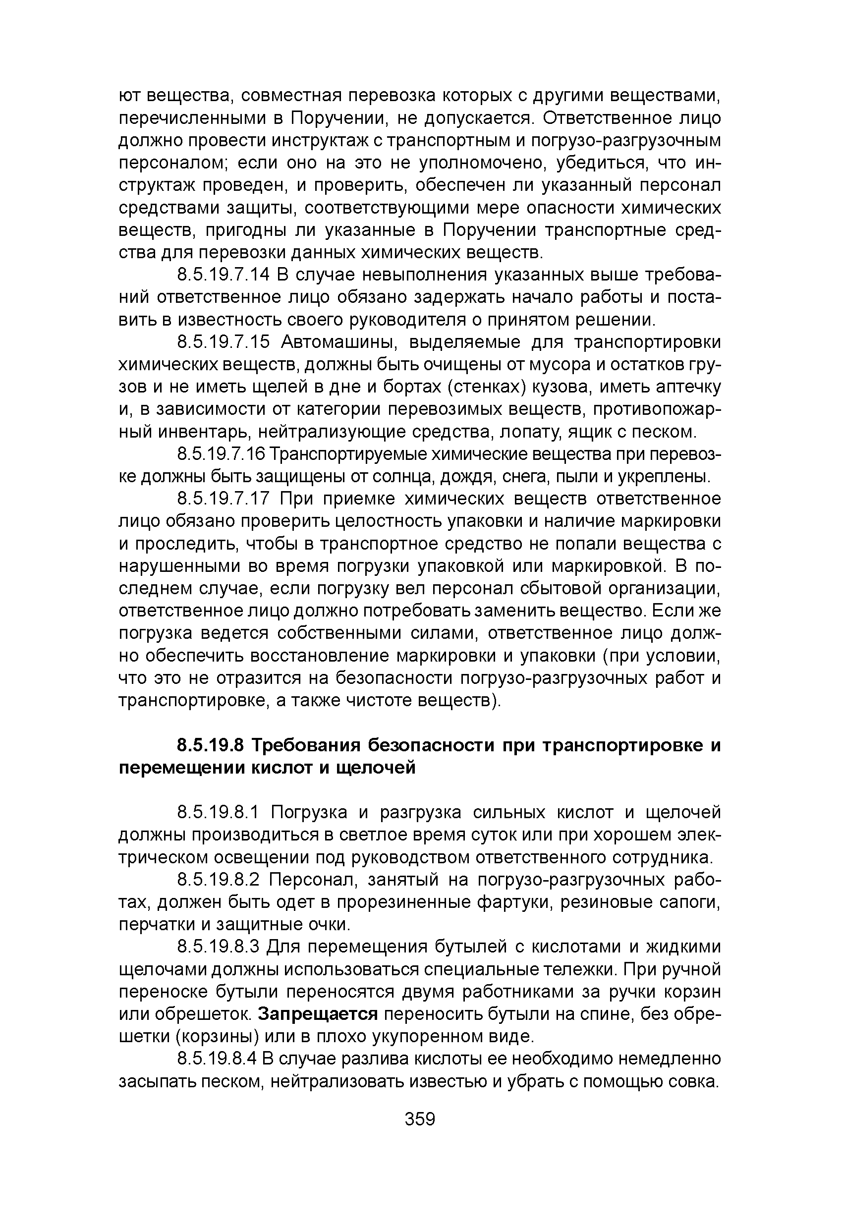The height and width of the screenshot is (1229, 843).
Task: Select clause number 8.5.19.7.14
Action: (223, 275)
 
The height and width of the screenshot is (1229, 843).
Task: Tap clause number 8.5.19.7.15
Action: (223, 342)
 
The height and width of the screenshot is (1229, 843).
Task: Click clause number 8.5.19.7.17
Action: (223, 499)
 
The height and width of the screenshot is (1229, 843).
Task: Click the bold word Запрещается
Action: (318, 1014)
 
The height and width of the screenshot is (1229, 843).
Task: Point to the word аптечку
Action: (688, 388)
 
